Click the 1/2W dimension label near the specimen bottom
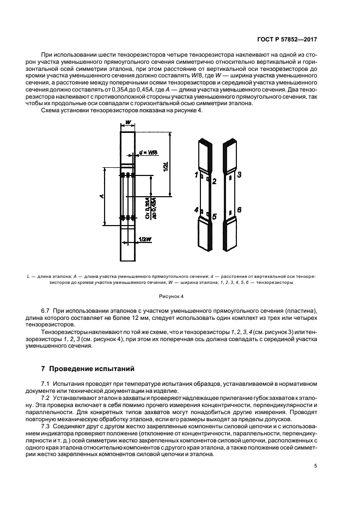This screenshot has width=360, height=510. [x=145, y=239]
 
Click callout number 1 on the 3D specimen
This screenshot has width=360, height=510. [x=196, y=174]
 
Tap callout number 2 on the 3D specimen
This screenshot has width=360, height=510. [x=215, y=181]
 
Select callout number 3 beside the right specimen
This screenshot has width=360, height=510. [x=239, y=174]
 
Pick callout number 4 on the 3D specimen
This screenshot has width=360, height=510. [x=196, y=209]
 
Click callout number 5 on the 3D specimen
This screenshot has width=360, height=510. [x=215, y=216]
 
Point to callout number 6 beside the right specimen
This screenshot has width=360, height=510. [x=239, y=210]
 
